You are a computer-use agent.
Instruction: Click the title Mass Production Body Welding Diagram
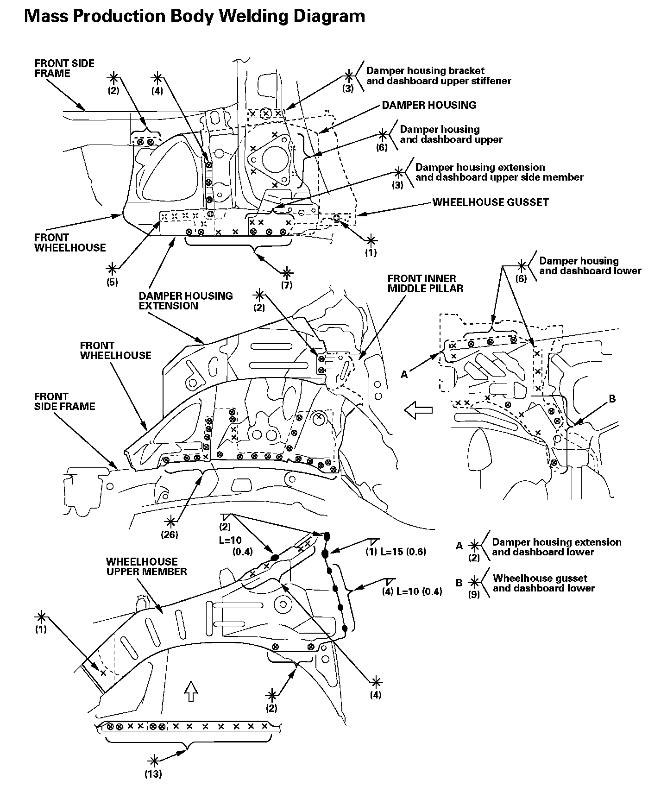(195, 16)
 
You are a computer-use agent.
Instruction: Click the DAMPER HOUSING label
(428, 105)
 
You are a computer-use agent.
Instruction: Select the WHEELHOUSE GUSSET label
(491, 202)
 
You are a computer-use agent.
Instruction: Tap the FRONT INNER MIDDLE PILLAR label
(425, 283)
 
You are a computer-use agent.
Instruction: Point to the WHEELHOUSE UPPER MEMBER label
(146, 566)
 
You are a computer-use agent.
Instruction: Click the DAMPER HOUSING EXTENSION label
(185, 301)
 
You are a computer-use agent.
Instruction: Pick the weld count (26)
(170, 535)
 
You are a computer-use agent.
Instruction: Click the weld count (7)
(287, 285)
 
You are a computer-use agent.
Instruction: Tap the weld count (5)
(112, 282)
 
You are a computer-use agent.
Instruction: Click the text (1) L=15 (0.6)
(396, 552)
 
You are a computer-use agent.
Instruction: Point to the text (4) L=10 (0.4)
(412, 591)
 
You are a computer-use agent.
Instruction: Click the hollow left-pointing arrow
(418, 410)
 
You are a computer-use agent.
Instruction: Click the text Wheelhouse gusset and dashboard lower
(543, 583)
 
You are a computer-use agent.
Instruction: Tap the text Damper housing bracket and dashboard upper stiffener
(438, 76)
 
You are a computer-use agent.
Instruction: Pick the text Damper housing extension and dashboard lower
(556, 547)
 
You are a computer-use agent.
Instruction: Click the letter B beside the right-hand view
(612, 399)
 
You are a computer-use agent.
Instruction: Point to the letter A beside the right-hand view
(404, 375)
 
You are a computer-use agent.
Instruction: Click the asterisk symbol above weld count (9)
(474, 583)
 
